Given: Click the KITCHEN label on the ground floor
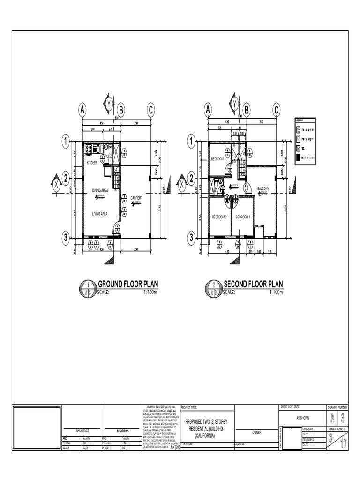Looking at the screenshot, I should [x=92, y=162].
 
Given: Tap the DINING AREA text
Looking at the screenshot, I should [x=100, y=190].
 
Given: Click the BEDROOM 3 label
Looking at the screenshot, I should [x=218, y=159].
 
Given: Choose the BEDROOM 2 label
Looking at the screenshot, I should [x=219, y=217].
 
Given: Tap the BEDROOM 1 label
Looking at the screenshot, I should [x=243, y=217].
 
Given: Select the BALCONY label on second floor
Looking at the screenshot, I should [x=263, y=188].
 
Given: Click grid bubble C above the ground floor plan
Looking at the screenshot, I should [x=150, y=110].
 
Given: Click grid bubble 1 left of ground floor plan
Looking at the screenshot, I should [x=66, y=140].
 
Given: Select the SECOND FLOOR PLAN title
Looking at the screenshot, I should [x=254, y=284].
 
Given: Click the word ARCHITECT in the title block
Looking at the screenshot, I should [x=82, y=430].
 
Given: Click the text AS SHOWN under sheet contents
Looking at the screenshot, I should [x=302, y=418].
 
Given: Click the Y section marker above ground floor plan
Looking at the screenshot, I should [x=109, y=103].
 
